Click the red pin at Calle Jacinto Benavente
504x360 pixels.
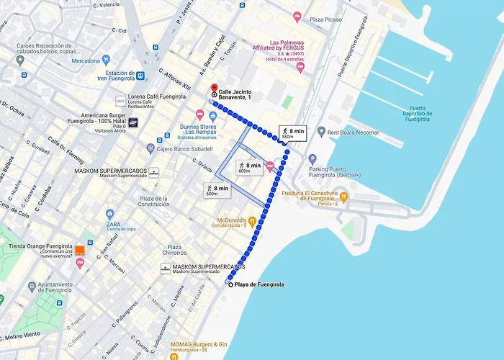pyautogui.click(x=214, y=89)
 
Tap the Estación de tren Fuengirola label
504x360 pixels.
pyautogui.click(x=126, y=75)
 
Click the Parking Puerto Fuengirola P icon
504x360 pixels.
pyautogui.click(x=312, y=158)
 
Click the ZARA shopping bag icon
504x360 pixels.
pyautogui.click(x=110, y=214)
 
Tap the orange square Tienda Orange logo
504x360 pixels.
pyautogui.click(x=80, y=251)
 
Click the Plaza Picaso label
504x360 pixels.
pyautogui.click(x=325, y=19)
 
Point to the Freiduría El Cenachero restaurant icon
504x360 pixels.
pyautogui.click(x=344, y=195)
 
